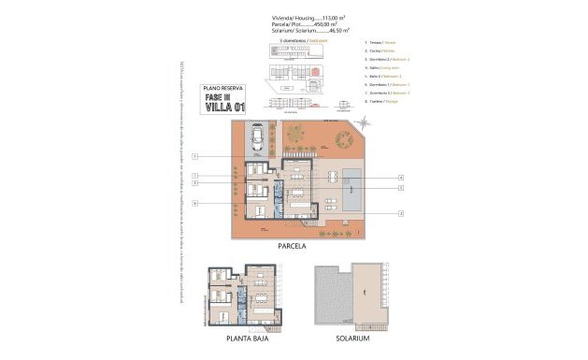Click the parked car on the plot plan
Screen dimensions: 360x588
pos(255,139)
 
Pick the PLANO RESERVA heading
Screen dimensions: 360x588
pos(223,88)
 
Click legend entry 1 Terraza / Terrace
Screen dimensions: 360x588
pos(382,44)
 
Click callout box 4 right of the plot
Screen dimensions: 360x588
pos(400,177)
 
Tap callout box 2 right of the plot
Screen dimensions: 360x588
pos(400,213)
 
